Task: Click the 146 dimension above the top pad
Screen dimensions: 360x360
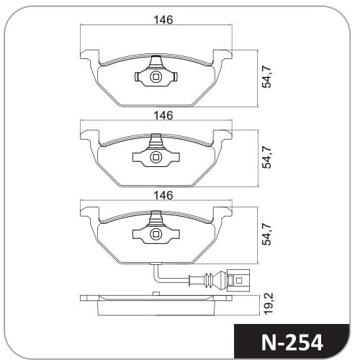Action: tap(163, 20)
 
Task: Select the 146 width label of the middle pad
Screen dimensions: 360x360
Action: tap(163, 116)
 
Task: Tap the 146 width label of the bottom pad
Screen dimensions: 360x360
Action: tap(163, 195)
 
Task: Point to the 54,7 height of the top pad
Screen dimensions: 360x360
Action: tap(266, 76)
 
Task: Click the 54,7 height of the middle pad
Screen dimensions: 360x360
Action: tap(266, 157)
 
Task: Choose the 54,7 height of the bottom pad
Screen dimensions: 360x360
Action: tap(266, 234)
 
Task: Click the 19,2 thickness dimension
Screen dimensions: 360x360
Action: tap(269, 305)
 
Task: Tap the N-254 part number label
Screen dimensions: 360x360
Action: tap(292, 343)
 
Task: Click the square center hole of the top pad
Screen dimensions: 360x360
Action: tap(156, 77)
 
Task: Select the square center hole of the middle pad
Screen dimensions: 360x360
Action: tap(156, 158)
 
